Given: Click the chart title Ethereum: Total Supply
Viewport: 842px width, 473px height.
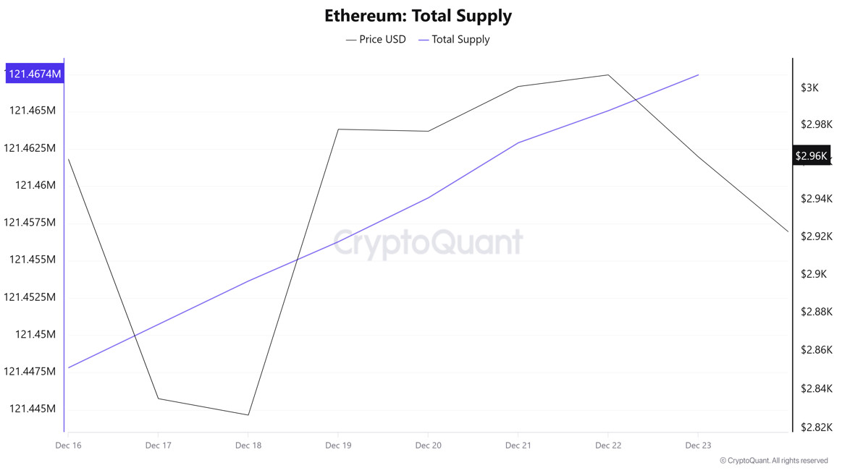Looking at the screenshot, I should click(418, 15).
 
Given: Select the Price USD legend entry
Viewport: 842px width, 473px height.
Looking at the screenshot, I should click(376, 39).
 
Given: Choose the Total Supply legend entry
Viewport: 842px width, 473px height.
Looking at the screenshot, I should click(455, 39).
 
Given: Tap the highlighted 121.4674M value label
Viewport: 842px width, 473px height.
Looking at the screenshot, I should click(34, 73).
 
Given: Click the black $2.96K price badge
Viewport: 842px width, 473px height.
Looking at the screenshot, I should click(811, 155).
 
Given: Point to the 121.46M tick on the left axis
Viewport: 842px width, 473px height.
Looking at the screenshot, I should click(35, 185).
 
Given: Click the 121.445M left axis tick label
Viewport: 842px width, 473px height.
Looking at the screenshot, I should click(32, 409).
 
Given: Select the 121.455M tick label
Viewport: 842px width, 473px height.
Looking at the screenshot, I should click(32, 260).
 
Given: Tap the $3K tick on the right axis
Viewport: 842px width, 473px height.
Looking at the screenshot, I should click(809, 88).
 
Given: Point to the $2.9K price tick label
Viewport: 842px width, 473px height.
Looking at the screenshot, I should click(813, 274).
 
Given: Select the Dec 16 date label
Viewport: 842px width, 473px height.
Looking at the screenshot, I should click(68, 446).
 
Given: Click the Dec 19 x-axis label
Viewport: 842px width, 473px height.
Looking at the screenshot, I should click(338, 446).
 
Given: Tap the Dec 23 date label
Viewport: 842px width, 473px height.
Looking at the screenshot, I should click(697, 446).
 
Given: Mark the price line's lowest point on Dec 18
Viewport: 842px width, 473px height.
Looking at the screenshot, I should click(248, 415).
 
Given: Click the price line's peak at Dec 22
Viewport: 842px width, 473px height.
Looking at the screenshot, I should click(608, 74).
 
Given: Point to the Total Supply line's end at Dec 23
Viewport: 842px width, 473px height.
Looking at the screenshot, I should click(698, 74).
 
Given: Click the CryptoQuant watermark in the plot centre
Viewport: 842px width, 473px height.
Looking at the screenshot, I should click(428, 243).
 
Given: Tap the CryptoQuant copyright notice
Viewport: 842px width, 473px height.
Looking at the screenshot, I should click(773, 461).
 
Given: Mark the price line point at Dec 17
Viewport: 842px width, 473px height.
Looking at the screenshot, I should click(158, 399).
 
